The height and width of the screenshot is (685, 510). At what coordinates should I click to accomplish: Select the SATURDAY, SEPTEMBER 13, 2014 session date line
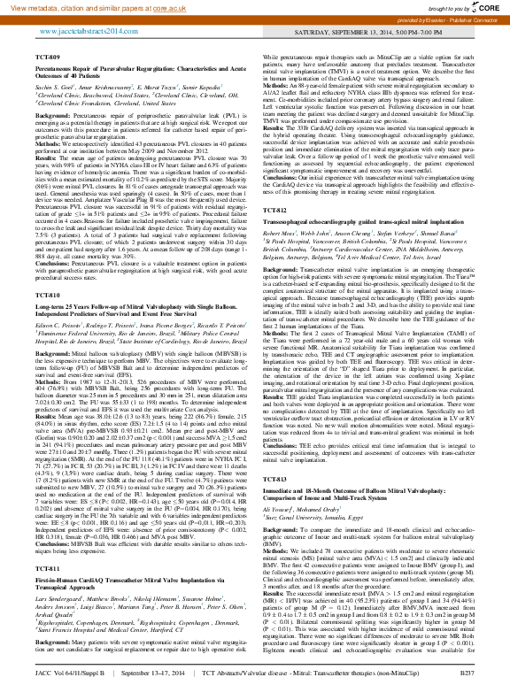coord(403,29)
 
